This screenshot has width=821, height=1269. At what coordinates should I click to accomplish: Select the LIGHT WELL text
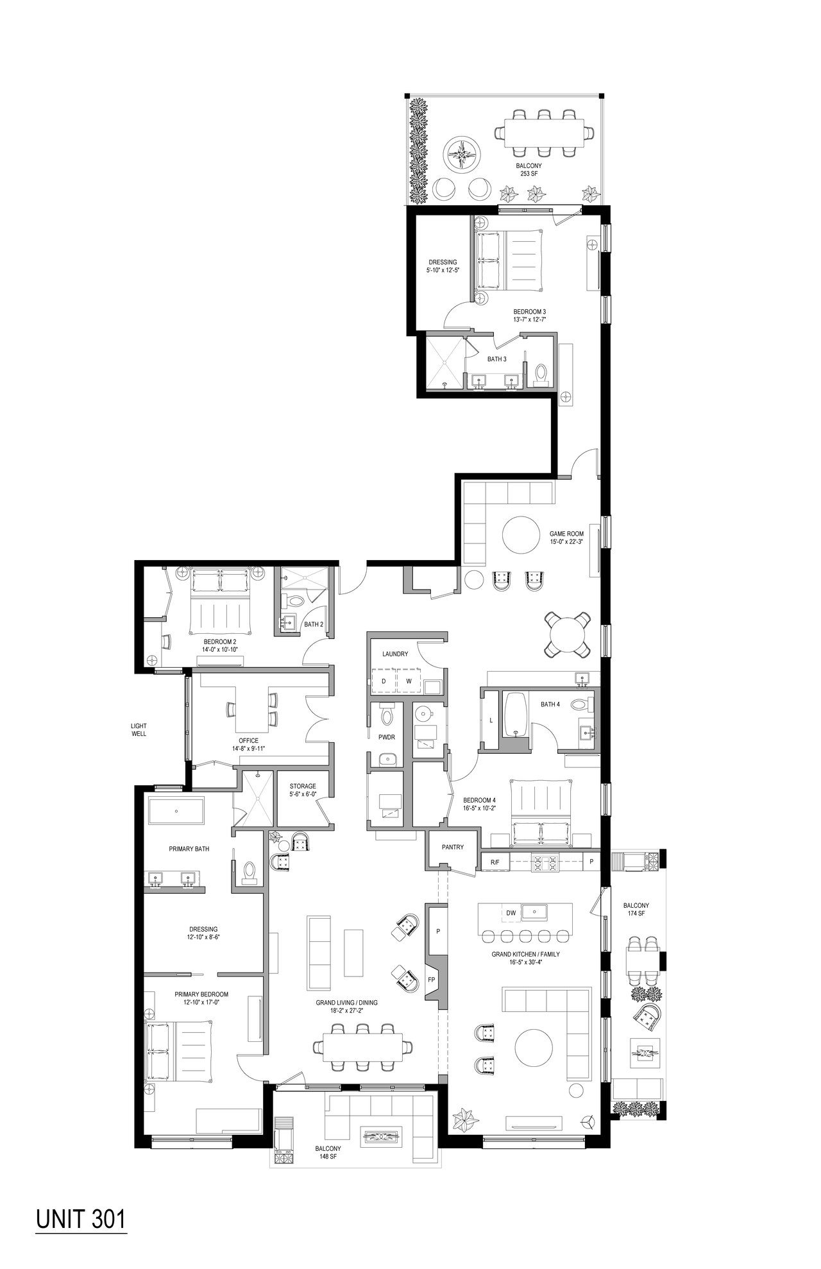(x=139, y=729)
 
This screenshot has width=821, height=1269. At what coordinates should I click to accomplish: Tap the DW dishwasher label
(x=511, y=912)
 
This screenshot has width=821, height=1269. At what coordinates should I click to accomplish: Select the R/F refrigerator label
(x=495, y=862)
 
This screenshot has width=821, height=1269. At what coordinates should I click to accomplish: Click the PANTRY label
(x=453, y=847)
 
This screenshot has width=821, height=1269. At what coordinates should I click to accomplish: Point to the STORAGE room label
(x=302, y=786)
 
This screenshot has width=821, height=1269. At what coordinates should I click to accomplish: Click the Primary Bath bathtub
(x=176, y=812)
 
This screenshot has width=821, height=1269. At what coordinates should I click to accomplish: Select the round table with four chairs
(x=566, y=634)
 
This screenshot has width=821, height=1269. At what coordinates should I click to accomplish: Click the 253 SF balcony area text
(x=528, y=173)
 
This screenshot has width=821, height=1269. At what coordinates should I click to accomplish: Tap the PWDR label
(x=386, y=737)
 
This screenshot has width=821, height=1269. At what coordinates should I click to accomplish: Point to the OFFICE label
(x=248, y=740)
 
